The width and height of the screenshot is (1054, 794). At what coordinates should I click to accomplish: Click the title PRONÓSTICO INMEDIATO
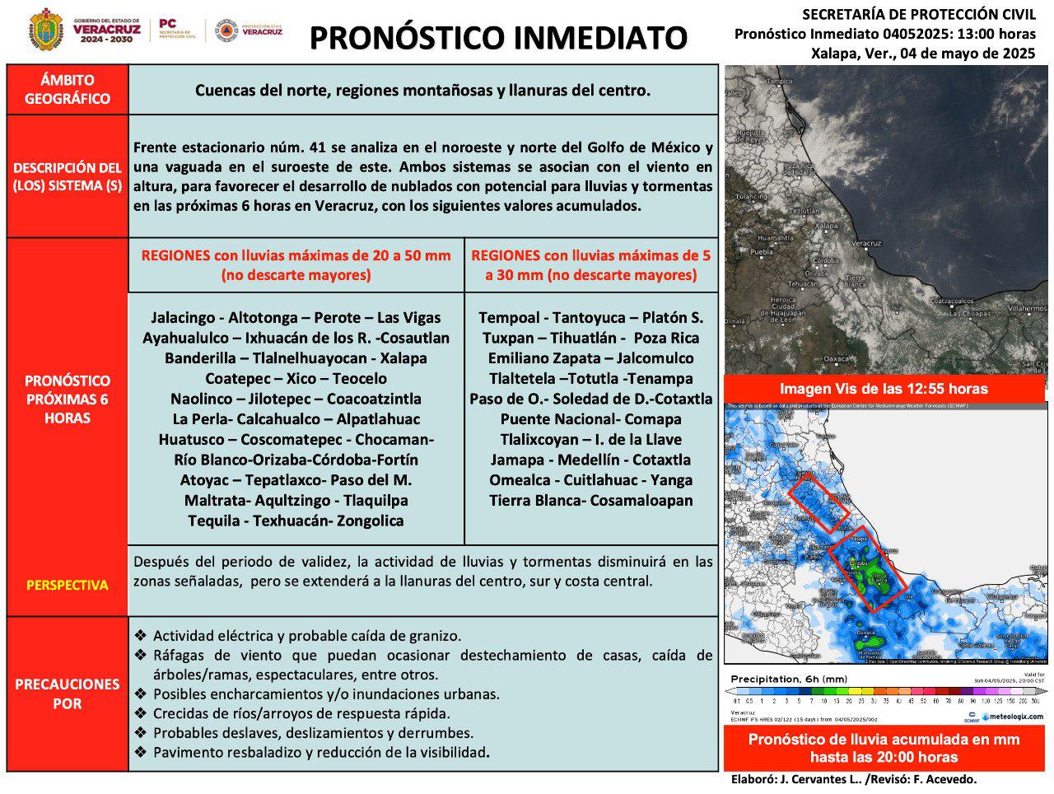pos(498,37)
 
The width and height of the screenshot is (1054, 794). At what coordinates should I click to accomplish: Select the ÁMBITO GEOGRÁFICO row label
pos(68,90)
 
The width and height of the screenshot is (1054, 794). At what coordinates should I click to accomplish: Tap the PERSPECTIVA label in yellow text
pos(68,585)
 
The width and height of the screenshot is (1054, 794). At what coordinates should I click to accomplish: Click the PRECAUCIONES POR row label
pos(68,694)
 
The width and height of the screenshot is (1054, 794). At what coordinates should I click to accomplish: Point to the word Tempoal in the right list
pos(511,318)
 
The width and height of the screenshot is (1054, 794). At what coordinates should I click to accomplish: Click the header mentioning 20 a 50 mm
pos(296,264)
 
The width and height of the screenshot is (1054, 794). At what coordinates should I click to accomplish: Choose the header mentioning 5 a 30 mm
pos(590,264)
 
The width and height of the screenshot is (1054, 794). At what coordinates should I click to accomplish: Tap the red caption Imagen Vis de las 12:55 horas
pos(884,389)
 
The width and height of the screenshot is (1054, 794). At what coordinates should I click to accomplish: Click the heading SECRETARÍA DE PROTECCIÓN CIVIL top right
pos(918,14)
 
